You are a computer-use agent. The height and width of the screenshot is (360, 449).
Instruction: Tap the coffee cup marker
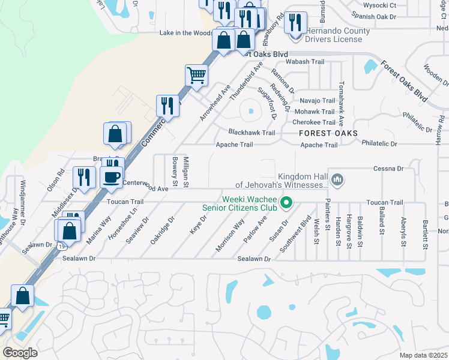click(112, 177)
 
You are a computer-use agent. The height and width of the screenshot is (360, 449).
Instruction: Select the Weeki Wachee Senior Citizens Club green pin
click(286, 203)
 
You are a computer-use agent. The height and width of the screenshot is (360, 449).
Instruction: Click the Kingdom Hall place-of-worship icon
click(337, 179)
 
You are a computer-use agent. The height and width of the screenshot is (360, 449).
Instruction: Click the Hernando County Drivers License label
click(333, 35)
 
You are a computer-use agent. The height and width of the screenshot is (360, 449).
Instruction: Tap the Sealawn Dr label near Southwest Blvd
click(255, 259)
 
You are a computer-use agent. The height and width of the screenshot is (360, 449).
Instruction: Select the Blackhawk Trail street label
click(251, 133)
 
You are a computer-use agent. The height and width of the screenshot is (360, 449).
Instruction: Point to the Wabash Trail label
click(304, 62)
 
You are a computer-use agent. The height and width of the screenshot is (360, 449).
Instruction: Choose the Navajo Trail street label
click(317, 101)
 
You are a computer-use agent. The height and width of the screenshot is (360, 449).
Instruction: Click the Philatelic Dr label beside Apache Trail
click(379, 144)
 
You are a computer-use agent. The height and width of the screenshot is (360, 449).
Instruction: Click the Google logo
click(20, 352)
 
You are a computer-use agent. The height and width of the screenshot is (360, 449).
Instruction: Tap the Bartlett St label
click(425, 235)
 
